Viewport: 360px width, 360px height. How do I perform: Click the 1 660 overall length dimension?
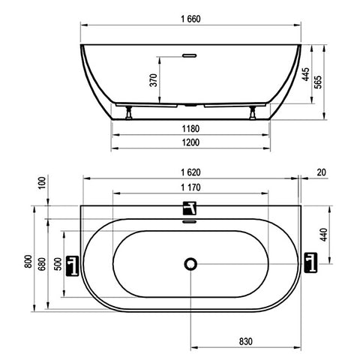pyautogui.click(x=190, y=19)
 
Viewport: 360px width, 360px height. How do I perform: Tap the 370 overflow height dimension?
pyautogui.click(x=154, y=80)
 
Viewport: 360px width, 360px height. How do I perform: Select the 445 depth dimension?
pyautogui.click(x=306, y=74)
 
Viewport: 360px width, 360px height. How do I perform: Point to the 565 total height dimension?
pyautogui.click(x=318, y=82)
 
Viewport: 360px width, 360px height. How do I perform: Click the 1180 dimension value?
pyautogui.click(x=190, y=129)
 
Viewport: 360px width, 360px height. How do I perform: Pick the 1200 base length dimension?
pyautogui.click(x=190, y=142)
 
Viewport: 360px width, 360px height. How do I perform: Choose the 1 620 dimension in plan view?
pyautogui.click(x=190, y=172)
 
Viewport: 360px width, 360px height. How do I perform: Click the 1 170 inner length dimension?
pyautogui.click(x=190, y=187)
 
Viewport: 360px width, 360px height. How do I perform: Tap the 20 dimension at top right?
pyautogui.click(x=322, y=172)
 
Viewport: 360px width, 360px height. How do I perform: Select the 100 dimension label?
pyautogui.click(x=43, y=183)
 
